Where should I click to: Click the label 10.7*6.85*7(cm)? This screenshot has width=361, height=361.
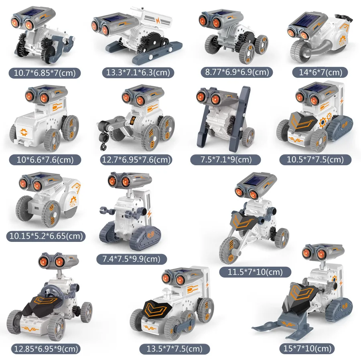click(45, 73)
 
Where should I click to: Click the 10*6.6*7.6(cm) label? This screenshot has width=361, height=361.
click(44, 160)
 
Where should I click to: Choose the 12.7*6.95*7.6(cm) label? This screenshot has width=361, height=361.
click(136, 160)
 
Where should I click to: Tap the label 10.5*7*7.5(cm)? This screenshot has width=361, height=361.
click(314, 160)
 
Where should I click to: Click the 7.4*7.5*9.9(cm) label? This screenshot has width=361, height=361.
click(131, 259)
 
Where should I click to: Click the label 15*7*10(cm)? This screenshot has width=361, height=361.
click(307, 349)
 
